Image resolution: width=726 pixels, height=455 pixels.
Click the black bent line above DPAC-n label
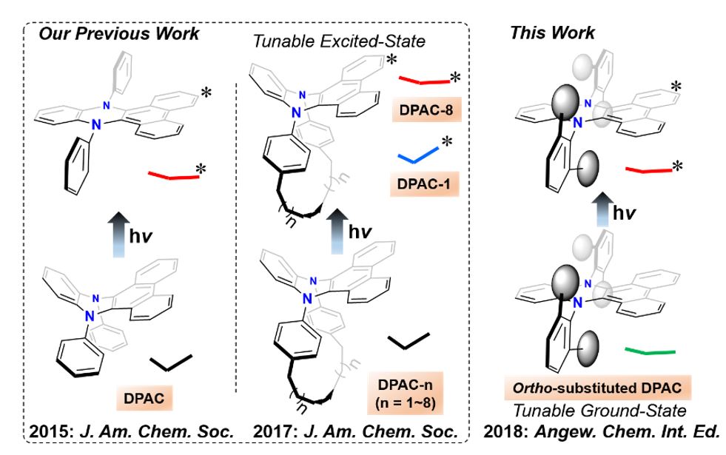(408, 340)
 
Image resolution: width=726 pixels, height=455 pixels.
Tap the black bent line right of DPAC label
(171, 363)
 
